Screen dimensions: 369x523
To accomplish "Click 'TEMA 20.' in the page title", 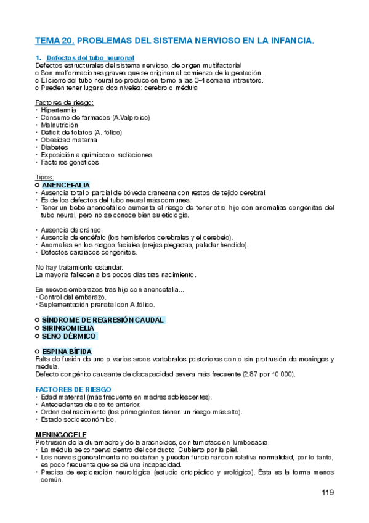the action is (55, 41).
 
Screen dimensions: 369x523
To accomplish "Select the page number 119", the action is (327, 492).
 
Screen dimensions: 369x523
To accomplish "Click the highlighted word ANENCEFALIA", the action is (66, 185).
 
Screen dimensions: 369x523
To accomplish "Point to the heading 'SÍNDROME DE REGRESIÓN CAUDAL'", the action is (103, 320).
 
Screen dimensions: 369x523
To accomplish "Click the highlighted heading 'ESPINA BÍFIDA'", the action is (67, 352).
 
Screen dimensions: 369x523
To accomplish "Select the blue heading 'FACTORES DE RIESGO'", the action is (73, 390).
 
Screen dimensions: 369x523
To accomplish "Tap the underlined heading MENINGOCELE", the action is (60, 435).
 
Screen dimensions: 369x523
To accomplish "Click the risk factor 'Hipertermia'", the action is (58, 110).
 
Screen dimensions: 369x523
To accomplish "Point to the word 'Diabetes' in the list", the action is (54, 147).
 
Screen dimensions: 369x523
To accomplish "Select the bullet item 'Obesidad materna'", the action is (67, 140).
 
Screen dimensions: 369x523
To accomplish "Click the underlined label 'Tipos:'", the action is (45, 177).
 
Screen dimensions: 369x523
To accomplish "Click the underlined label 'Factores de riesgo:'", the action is (65, 102).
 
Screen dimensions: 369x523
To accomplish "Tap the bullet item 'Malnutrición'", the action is (60, 125).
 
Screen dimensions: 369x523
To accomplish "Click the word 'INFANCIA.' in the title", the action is (291, 41).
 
